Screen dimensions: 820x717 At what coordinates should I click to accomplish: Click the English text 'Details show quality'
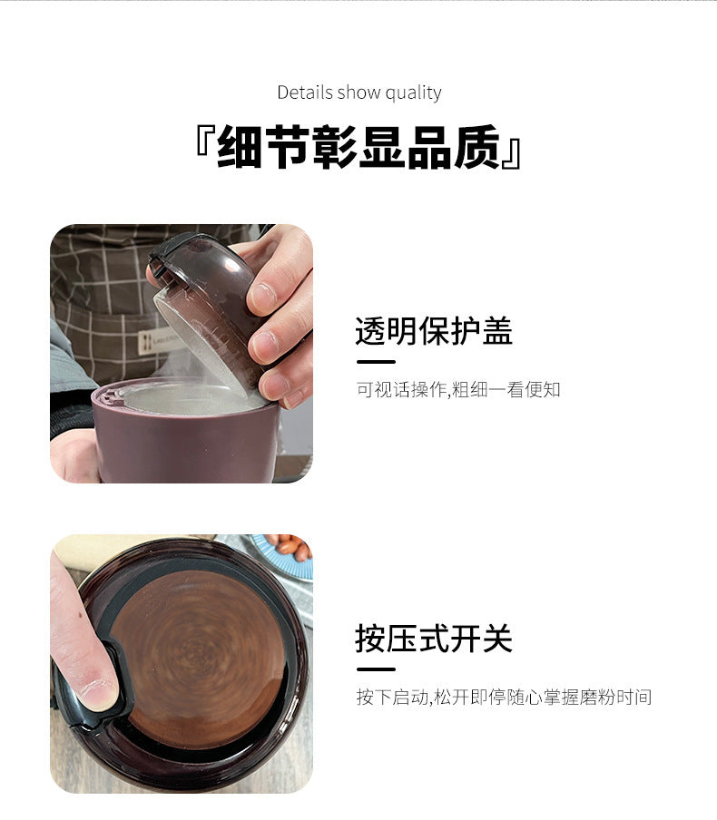coord(358,93)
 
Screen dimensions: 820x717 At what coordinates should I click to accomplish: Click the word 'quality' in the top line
coord(413,93)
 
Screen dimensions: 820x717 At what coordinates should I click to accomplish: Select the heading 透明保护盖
coord(433,331)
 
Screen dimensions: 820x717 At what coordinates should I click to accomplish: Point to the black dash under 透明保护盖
coord(375,361)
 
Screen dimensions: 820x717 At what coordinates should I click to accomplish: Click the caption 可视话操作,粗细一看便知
coord(457,389)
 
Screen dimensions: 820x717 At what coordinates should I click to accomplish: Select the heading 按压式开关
coord(433,639)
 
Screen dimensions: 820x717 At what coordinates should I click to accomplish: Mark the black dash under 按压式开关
coord(375,669)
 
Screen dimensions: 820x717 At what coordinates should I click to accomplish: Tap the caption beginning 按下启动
coord(503,698)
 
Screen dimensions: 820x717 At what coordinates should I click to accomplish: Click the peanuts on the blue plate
coord(290,547)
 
